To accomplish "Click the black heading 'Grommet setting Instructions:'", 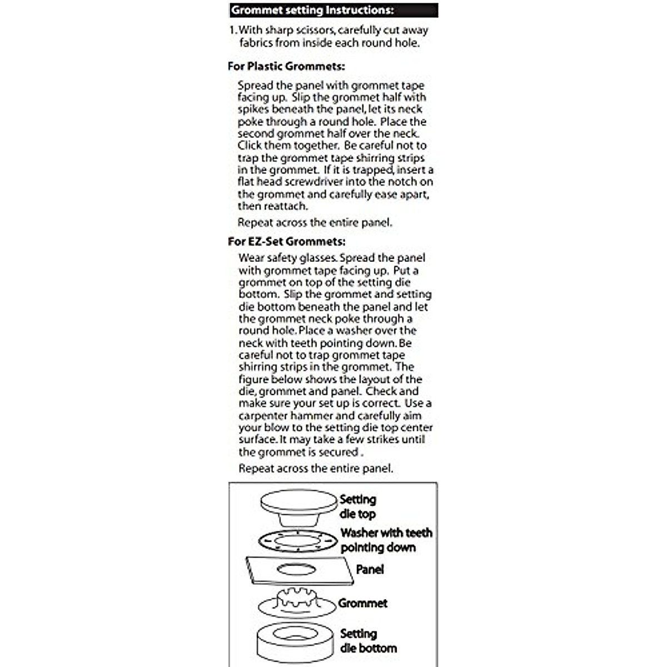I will tap(312, 11).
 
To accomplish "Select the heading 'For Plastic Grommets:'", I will tap(286, 66).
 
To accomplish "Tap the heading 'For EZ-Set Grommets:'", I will tap(286, 242).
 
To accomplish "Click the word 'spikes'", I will tap(254, 109).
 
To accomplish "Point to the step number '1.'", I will tap(233, 31).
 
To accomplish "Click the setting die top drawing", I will tap(299, 506).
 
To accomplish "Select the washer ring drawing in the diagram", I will tap(298, 540).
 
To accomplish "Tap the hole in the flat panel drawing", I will tap(295, 569).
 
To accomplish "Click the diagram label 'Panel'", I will tap(370, 570).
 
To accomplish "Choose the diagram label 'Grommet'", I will tap(362, 604).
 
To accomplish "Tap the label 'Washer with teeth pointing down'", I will tap(386, 540).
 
